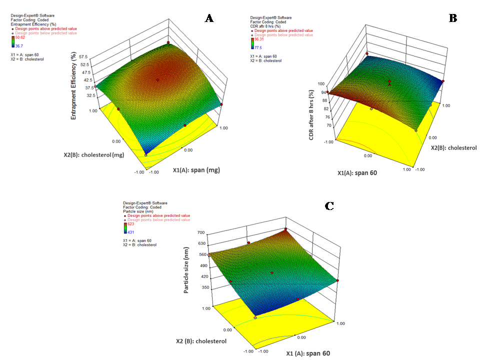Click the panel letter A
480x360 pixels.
[x=209, y=18]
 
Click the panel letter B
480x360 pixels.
[x=453, y=18]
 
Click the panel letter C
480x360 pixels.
[x=329, y=206]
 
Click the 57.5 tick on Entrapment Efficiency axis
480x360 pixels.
[x=97, y=56]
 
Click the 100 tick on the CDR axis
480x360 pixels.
[x=323, y=84]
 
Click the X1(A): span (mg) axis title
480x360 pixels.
[x=196, y=170]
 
